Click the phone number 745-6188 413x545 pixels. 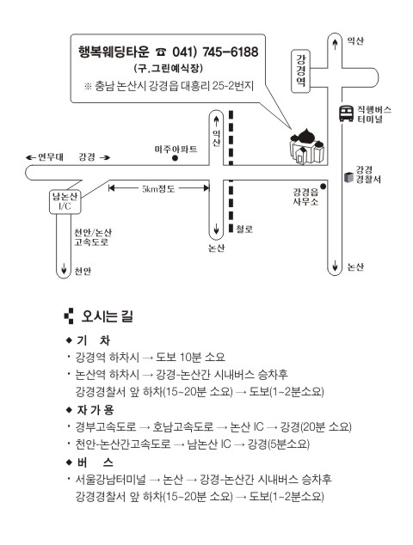click(231, 52)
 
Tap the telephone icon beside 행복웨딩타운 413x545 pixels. click(161, 52)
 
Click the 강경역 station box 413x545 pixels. click(300, 70)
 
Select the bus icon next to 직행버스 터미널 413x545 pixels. click(346, 113)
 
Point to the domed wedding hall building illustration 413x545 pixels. click(307, 145)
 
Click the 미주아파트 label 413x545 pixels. click(176, 149)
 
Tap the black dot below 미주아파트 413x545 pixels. click(176, 158)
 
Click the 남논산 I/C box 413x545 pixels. click(65, 201)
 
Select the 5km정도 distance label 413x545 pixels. click(158, 189)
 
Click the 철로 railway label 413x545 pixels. click(244, 229)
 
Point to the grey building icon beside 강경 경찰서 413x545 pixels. click(348, 177)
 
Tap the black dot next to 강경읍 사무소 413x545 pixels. click(323, 187)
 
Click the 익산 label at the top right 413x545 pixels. click(355, 41)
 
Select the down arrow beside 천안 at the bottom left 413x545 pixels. click(64, 268)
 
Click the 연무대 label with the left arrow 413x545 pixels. click(45, 157)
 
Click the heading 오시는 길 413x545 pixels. click(108, 316)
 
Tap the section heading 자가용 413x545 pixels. click(95, 410)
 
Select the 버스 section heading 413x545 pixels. click(95, 462)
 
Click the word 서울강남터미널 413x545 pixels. click(111, 480)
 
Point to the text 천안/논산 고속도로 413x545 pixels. click(93, 237)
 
